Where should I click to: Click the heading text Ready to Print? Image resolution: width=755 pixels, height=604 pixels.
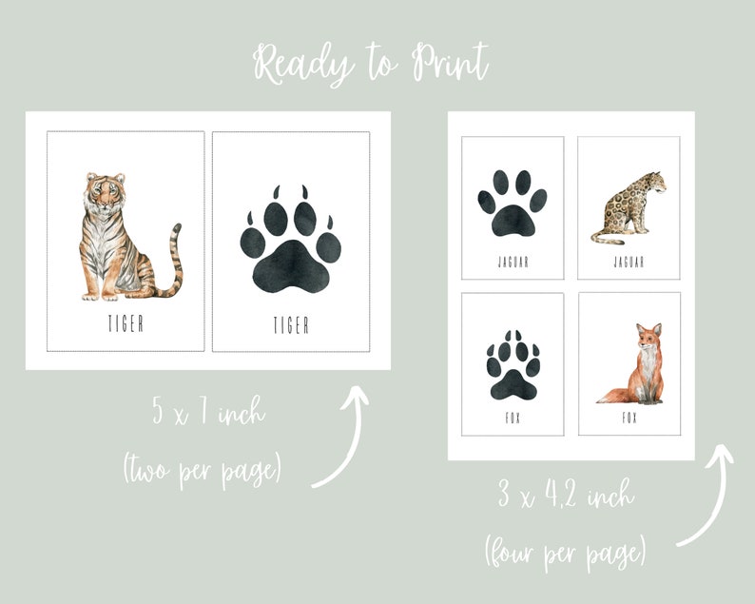coord(371,64)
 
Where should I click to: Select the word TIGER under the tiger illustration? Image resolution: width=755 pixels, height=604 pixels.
coord(126,323)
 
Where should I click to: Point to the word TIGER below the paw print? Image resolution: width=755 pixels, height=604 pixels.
coord(291,325)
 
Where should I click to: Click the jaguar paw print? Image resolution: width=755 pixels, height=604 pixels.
coord(512,203)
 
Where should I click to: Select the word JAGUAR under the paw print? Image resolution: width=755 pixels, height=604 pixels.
coord(513,262)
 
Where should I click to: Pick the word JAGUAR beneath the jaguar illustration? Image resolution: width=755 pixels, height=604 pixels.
coord(629,262)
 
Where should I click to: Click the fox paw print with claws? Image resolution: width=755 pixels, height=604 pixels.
coord(512,365)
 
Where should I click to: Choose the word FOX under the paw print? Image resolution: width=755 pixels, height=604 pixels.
coord(513,418)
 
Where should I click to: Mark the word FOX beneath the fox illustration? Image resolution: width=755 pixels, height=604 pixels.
coord(629,418)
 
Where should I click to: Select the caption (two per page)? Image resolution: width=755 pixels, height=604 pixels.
coord(202,470)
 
